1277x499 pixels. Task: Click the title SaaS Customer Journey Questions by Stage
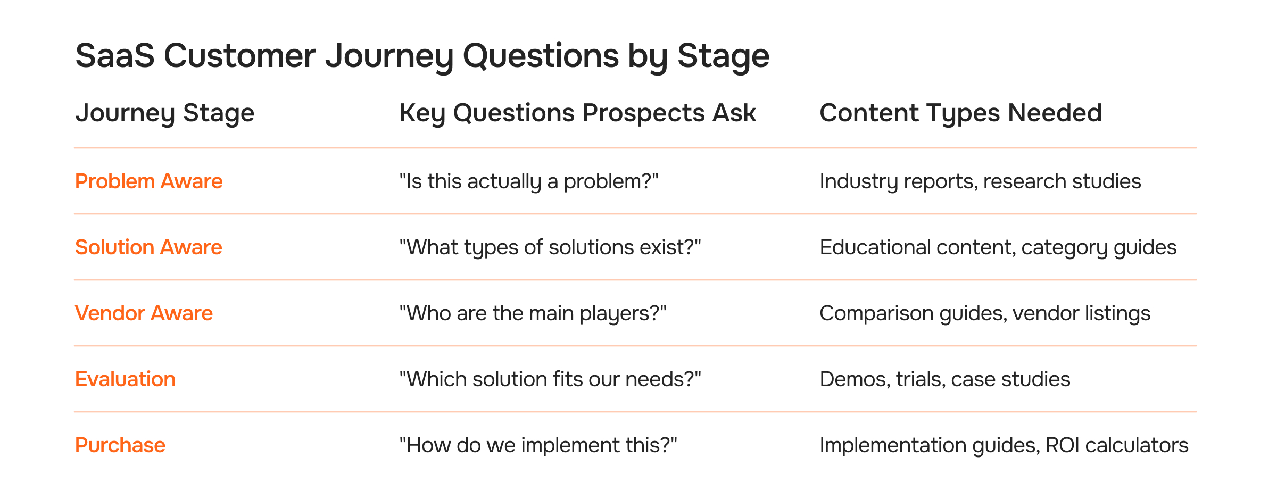tap(422, 56)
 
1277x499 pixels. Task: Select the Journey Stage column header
tap(164, 113)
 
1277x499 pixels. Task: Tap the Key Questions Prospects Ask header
tap(577, 113)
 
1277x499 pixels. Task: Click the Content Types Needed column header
tap(960, 113)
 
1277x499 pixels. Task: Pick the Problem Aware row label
tap(148, 181)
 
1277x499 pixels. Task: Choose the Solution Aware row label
tap(148, 247)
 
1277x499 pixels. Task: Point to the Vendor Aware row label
tap(144, 313)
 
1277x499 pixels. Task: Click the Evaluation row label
tap(125, 379)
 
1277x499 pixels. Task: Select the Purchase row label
tap(120, 445)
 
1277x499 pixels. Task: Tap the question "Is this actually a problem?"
tap(528, 181)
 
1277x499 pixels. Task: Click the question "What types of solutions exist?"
tap(550, 247)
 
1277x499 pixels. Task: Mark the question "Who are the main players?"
tap(533, 313)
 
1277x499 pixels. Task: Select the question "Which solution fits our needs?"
tap(550, 379)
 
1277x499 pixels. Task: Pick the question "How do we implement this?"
tap(538, 445)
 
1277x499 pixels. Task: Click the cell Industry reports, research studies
tap(980, 181)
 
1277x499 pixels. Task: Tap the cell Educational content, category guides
tap(998, 247)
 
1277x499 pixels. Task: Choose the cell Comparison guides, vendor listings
tap(984, 313)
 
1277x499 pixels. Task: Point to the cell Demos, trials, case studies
tap(944, 379)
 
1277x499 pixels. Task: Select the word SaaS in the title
tap(114, 56)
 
